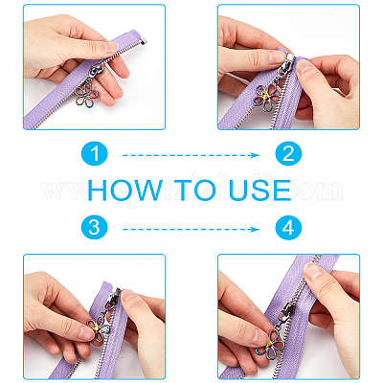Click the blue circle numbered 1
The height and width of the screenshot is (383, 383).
click(x=95, y=154)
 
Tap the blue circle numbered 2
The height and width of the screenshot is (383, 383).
click(x=288, y=154)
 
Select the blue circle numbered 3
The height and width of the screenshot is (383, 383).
click(x=95, y=228)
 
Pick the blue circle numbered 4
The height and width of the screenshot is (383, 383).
click(x=288, y=228)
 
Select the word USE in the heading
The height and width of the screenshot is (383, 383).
click(x=260, y=191)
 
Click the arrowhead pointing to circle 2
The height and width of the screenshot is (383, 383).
click(x=255, y=155)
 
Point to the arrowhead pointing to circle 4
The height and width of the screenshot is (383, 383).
click(x=255, y=229)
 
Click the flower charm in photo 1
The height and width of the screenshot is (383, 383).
click(x=87, y=96)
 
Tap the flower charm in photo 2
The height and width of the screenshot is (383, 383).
click(x=266, y=98)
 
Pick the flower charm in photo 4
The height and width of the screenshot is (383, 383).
click(x=270, y=344)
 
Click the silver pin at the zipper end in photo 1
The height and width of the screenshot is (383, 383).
click(x=144, y=42)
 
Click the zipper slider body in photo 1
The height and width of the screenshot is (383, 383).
click(x=97, y=71)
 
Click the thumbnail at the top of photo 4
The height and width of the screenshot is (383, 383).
click(x=314, y=272)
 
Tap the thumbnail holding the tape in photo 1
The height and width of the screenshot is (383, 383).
click(x=111, y=48)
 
